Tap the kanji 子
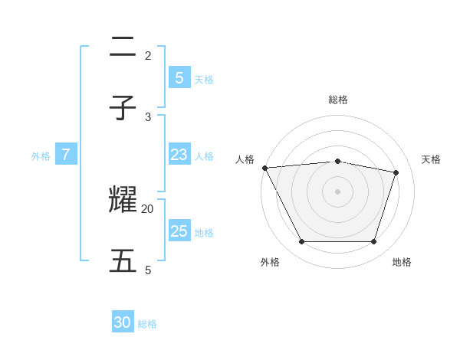pos(123,108)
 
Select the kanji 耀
pos(123,200)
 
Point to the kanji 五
pos(123,261)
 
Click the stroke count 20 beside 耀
pos(148,208)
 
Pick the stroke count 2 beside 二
pos(148,55)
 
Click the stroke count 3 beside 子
pos(148,116)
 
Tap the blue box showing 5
pos(179,77)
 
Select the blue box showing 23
pos(179,155)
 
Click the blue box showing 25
pos(179,231)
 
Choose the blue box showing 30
pos(123,322)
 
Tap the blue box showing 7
pos(66,155)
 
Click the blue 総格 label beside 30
pos(148,324)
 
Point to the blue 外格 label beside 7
pos(41,156)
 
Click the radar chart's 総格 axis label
pos(338,100)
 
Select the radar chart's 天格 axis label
pos(431,159)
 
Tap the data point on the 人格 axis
pos(264,168)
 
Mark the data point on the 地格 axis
pos(374,242)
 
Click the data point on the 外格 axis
pos(301,242)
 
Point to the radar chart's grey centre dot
pos(337,191)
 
